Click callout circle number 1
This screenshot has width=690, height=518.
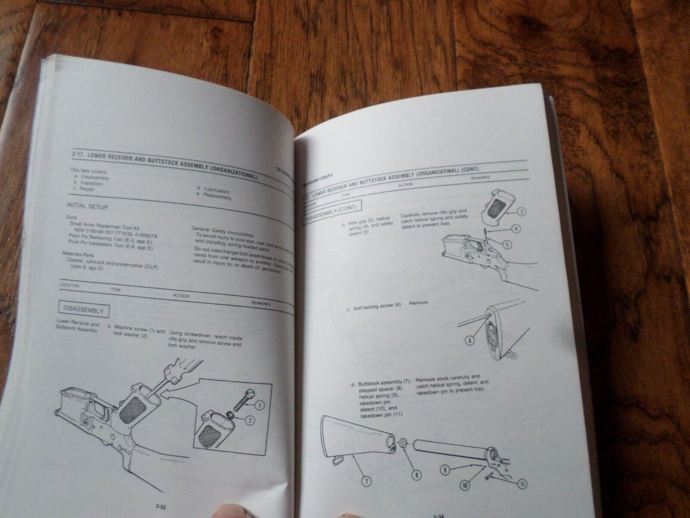coord(259,406)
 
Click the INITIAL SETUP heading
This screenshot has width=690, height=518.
coord(87,206)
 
